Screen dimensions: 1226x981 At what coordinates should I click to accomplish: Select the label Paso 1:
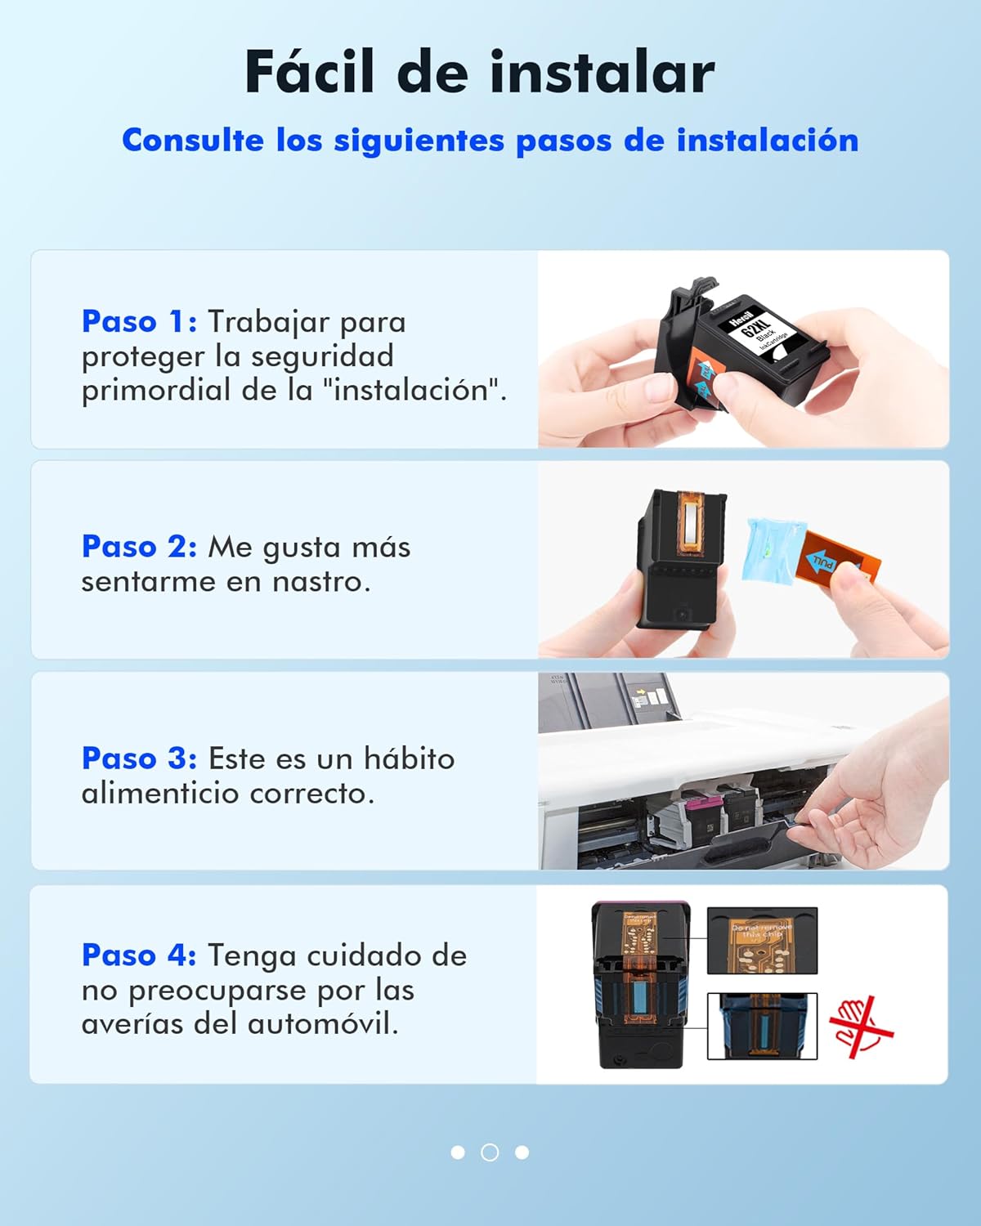139,321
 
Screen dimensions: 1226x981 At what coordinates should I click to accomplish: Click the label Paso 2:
139,546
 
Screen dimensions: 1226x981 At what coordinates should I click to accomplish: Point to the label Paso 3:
139,758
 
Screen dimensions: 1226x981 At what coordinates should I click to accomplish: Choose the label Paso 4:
139,955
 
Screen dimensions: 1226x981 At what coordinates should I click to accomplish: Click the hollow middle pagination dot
490,1152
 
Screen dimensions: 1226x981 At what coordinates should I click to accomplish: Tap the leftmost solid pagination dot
458,1152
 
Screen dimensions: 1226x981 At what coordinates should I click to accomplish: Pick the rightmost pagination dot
522,1152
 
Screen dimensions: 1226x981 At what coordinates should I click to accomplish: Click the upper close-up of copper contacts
762,941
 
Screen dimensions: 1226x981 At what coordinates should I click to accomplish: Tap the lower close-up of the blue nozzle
762,1026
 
